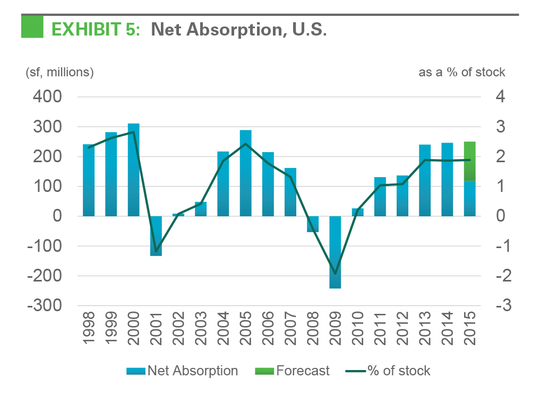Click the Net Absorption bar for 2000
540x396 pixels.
coord(133,170)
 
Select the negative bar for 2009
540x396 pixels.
coord(335,252)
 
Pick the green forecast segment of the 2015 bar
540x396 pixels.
coord(469,161)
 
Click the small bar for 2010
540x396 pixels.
coord(357,212)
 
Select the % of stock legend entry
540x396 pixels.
coord(390,371)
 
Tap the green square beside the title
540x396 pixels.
coord(32,27)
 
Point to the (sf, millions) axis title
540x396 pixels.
coord(59,72)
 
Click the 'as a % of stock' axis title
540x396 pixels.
coord(461,72)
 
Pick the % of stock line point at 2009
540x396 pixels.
coord(335,274)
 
